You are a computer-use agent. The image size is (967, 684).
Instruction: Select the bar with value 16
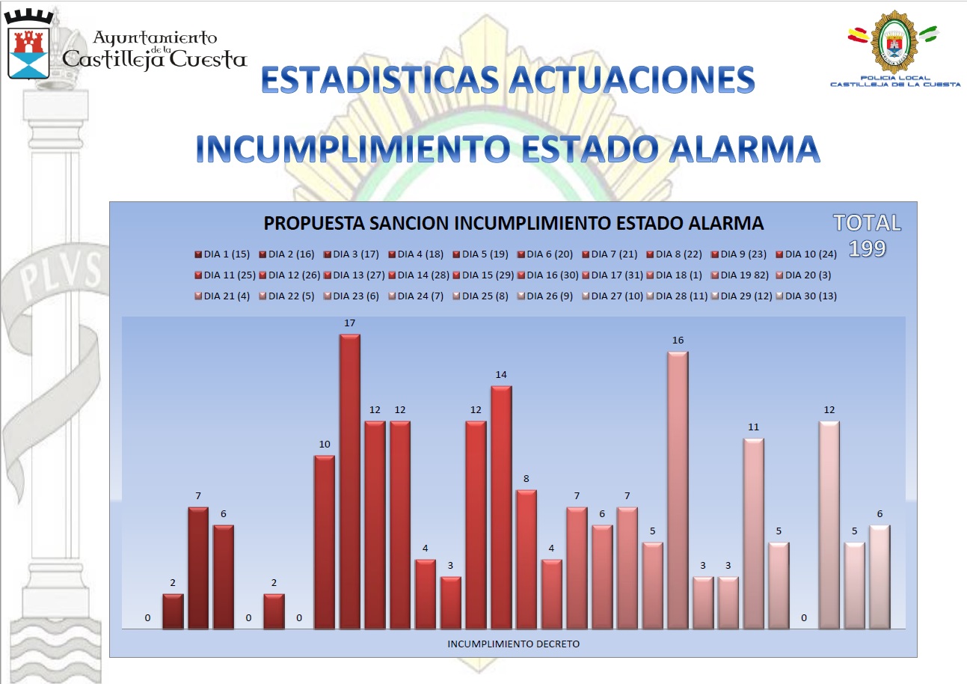678,489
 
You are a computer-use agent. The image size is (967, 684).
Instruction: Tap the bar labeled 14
501,507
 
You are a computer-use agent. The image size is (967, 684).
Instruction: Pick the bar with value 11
753,533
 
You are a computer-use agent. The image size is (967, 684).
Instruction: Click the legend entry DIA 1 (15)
222,254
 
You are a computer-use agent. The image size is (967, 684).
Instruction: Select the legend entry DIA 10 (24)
808,254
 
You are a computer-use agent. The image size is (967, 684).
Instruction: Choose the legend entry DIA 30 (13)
808,296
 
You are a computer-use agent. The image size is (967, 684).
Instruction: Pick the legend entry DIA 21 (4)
222,296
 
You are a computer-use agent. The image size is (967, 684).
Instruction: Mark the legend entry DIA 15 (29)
485,275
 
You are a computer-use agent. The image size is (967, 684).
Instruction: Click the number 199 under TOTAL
867,248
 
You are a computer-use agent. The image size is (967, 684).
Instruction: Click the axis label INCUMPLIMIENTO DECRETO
513,644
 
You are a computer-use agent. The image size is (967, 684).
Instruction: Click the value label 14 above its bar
501,374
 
